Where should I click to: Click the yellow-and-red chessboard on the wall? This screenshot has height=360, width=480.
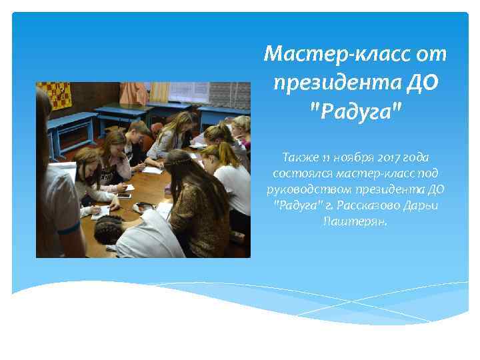53,94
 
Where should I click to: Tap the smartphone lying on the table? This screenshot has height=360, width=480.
124,195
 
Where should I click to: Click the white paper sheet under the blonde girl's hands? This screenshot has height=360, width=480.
153,169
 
